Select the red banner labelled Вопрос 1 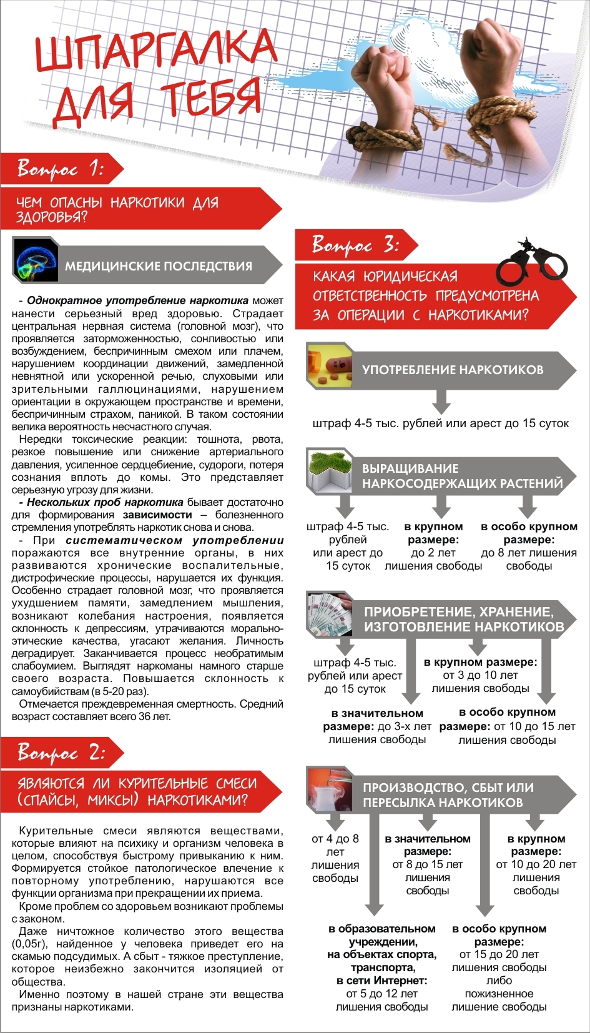click(61, 169)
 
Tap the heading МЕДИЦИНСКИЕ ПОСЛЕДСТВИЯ click(159, 266)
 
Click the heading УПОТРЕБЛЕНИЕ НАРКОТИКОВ click(453, 370)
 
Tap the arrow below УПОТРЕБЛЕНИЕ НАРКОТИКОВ click(441, 400)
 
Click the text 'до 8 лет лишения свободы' click(529, 559)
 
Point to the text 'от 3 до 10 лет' click(480, 675)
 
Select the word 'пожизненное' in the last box click(499, 993)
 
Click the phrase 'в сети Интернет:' click(381, 981)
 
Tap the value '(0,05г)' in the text click(28, 944)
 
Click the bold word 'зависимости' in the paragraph click(157, 515)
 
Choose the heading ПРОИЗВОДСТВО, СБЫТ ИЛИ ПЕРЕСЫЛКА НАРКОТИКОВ click(448, 794)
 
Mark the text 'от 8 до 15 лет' click(428, 864)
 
